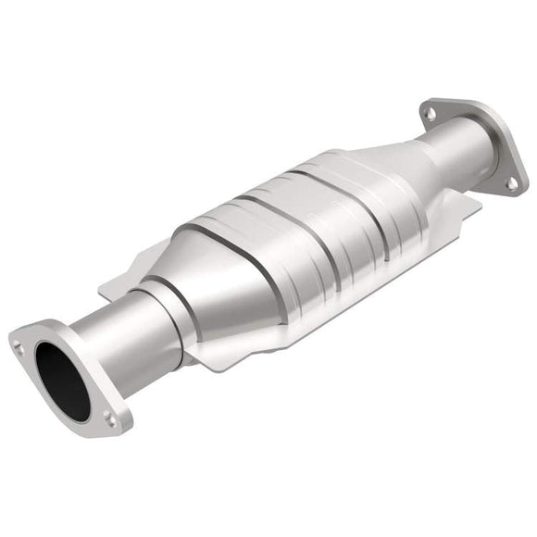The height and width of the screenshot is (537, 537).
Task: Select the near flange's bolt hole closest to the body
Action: [x=112, y=418]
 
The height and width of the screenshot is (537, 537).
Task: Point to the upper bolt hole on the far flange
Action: [x=428, y=114]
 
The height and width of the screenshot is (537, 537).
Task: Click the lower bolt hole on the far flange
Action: [x=511, y=183]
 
